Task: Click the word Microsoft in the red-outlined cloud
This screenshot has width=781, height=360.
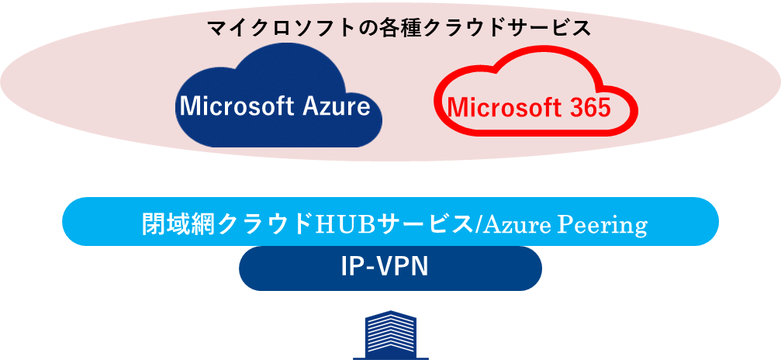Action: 495,107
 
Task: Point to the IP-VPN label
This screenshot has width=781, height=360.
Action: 385,267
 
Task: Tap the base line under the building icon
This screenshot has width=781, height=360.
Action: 390,358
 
